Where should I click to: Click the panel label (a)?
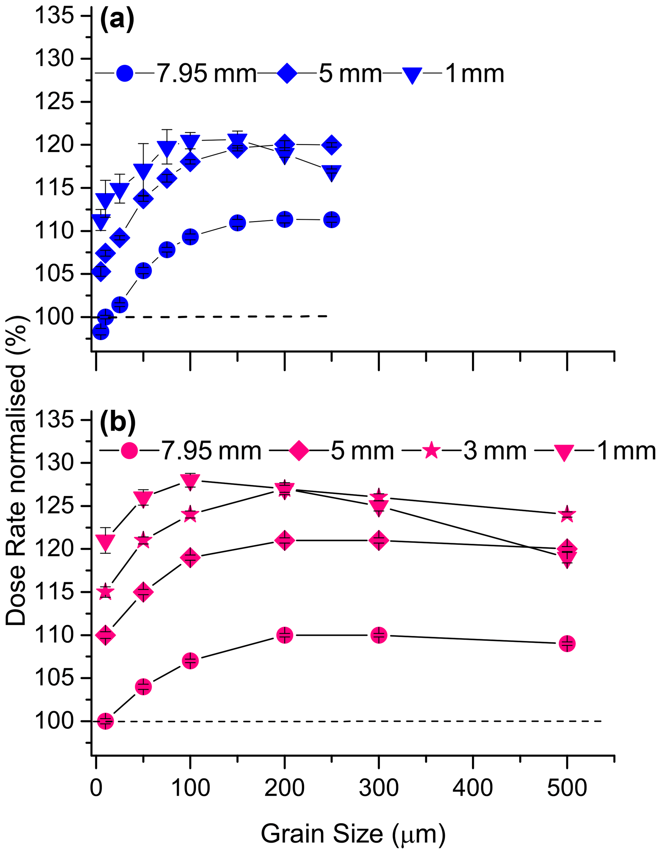tap(117, 21)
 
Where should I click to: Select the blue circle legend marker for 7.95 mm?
tap(125, 73)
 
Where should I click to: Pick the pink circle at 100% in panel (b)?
tap(105, 721)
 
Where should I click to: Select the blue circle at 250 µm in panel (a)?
tap(332, 220)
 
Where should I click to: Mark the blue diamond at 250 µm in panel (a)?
tap(332, 145)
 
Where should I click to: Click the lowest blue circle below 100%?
tap(100, 332)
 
